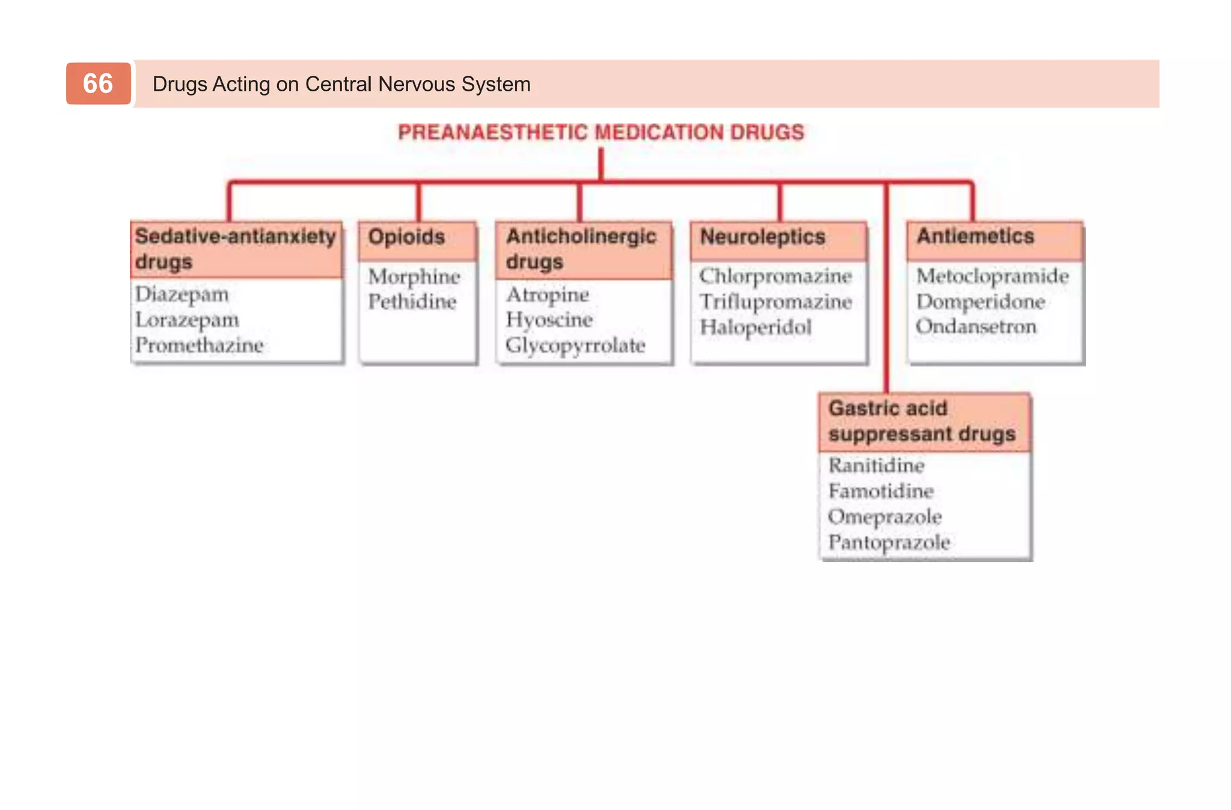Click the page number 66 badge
(98, 84)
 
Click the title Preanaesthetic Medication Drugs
(600, 132)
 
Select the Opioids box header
(407, 237)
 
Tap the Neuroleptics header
(762, 237)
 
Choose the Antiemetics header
(975, 237)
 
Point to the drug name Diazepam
(182, 294)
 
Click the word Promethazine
(199, 346)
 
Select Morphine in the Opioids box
(414, 277)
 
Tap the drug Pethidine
(412, 302)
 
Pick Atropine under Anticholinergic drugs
(548, 295)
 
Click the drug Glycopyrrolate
(575, 346)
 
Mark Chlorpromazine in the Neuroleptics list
(775, 276)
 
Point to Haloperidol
(756, 327)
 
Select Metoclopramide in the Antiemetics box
(992, 276)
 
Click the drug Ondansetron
(976, 327)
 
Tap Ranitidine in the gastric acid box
(876, 466)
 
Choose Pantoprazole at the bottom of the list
(889, 543)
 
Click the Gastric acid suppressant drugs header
(921, 421)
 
